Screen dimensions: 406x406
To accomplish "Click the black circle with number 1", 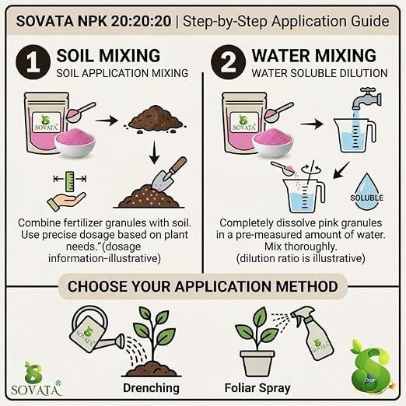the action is tap(33, 62).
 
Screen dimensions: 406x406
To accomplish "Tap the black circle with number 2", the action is tap(228, 62).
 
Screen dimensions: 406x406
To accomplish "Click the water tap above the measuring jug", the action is tap(366, 100).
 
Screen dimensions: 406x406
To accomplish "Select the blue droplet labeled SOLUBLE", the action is tap(366, 192).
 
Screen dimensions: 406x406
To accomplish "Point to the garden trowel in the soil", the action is tap(170, 173).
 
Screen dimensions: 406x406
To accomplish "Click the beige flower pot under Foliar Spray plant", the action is tap(257, 363).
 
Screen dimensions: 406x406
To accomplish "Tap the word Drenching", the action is tap(151, 388).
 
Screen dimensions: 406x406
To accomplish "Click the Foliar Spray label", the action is tap(257, 388).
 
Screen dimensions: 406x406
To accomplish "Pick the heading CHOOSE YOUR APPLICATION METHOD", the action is tap(203, 286).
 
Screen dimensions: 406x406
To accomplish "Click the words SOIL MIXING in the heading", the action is tap(108, 55).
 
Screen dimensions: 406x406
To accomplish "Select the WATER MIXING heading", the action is tap(313, 55).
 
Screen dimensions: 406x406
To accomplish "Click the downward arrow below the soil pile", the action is tap(155, 152).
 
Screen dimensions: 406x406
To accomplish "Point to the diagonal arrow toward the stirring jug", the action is tap(341, 170).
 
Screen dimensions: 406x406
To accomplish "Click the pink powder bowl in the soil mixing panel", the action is tap(75, 145).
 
